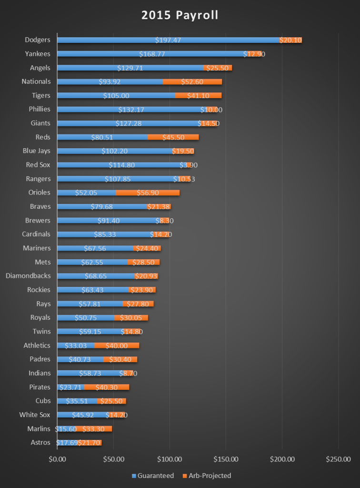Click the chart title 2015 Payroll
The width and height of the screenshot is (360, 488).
tap(180, 15)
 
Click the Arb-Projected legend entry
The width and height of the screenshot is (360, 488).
tap(208, 476)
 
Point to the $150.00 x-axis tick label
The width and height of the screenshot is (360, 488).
tap(226, 459)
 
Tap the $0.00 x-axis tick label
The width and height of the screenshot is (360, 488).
tap(57, 459)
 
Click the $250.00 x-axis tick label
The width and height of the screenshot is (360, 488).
tap(338, 459)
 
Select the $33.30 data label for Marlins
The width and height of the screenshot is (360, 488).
tap(93, 428)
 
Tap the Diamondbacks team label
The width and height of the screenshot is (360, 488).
tap(28, 275)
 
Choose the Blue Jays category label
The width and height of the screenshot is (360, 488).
tap(37, 151)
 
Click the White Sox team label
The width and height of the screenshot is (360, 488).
tap(35, 415)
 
